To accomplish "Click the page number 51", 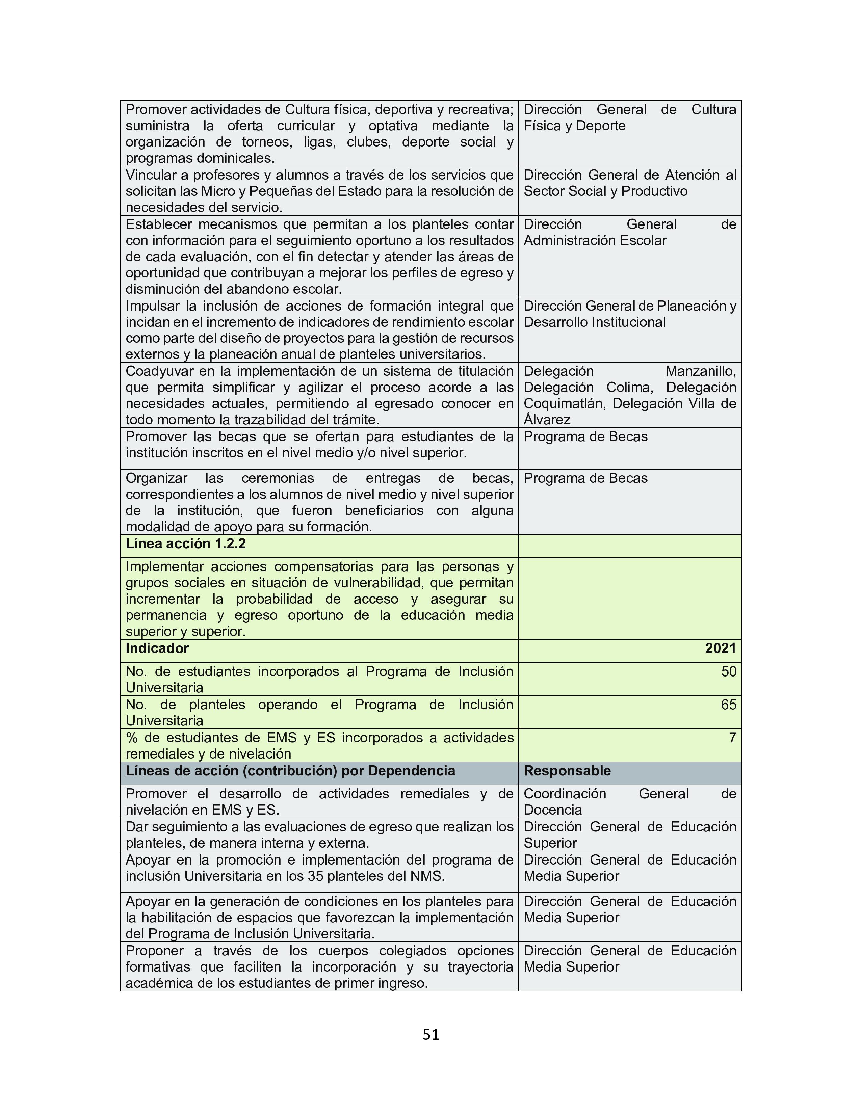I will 430,1034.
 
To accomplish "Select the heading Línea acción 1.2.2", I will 186,544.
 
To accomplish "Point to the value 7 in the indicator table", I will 732,738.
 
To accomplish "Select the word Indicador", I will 157,648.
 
